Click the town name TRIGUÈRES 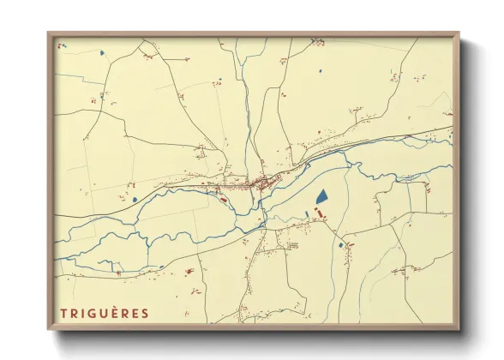click(104, 313)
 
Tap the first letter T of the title click(63, 313)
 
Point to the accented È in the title click(117, 313)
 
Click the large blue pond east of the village click(321, 196)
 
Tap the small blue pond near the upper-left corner click(102, 53)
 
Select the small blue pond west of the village click(135, 200)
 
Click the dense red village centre click(257, 182)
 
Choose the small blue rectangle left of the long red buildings click(307, 214)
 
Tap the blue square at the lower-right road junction click(341, 246)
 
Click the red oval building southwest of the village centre click(223, 200)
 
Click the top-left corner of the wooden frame click(48, 33)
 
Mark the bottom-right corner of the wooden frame click(459, 329)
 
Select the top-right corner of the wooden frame click(459, 33)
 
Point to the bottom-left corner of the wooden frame click(48, 329)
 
